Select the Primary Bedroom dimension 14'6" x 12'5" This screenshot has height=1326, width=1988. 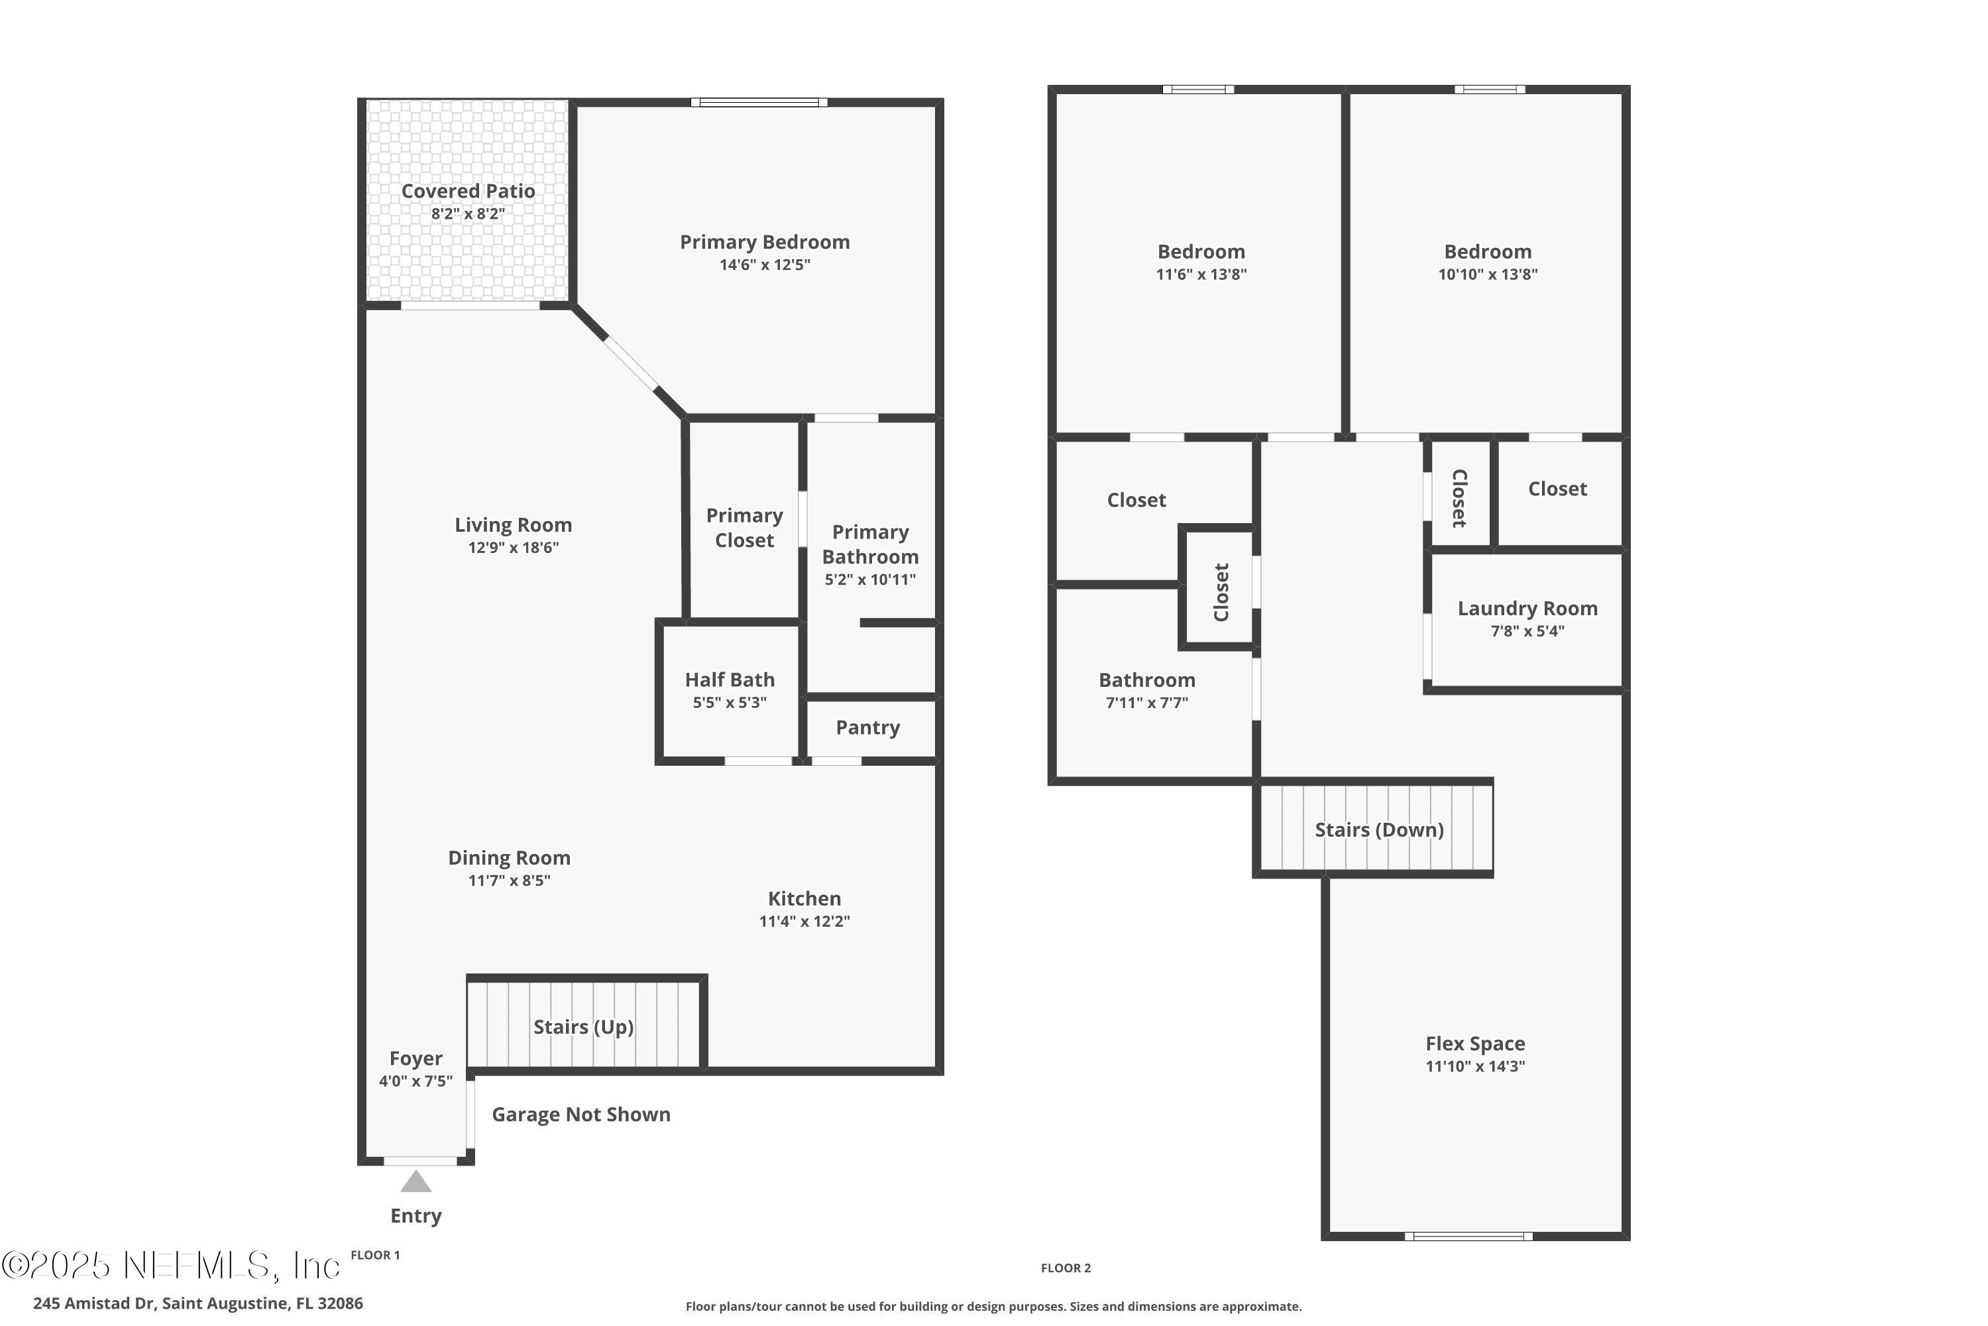click(764, 265)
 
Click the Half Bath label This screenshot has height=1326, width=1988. click(730, 680)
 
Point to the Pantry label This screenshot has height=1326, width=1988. click(867, 727)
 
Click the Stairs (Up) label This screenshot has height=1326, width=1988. click(583, 1026)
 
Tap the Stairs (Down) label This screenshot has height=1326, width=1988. click(1378, 829)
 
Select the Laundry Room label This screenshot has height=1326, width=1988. click(1527, 608)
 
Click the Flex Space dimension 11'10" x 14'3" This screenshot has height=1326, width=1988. click(1475, 1066)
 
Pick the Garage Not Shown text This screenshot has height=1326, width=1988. click(580, 1115)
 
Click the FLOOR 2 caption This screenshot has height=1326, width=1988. click(1065, 1268)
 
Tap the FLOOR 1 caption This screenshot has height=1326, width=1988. click(375, 1255)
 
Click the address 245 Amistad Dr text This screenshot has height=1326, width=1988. click(197, 1303)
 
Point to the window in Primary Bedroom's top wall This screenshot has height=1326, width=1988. click(759, 102)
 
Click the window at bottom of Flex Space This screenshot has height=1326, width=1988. click(1468, 1236)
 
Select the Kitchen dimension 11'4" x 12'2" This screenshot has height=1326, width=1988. click(804, 921)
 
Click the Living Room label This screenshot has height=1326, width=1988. click(513, 525)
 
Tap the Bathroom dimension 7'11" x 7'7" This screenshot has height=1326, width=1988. click(1146, 703)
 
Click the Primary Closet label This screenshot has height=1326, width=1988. click(744, 528)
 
